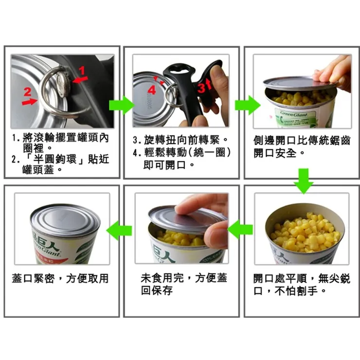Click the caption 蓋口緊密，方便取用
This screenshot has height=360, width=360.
click(x=60, y=279)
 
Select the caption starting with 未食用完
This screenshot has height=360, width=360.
click(x=183, y=284)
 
